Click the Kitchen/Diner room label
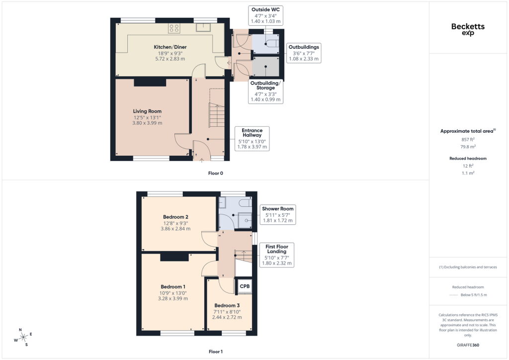[x=170, y=47]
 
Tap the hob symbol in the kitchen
[x=174, y=28]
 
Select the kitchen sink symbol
[x=204, y=27]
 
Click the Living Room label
[x=147, y=111]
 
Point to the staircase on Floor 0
[x=216, y=115]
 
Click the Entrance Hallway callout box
[x=252, y=139]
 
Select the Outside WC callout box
[x=265, y=15]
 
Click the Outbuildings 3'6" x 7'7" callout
[x=304, y=53]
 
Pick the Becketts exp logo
[x=468, y=29]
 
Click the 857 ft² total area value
[x=468, y=140]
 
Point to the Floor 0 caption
[x=216, y=174]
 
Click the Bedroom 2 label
[x=175, y=217]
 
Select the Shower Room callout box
[x=277, y=215]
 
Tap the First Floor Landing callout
[x=276, y=255]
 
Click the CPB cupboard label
[x=245, y=286]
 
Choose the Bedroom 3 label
[x=227, y=305]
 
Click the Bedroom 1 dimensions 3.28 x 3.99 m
[x=173, y=299]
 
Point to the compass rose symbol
[x=23, y=338]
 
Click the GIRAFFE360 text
[x=468, y=345]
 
